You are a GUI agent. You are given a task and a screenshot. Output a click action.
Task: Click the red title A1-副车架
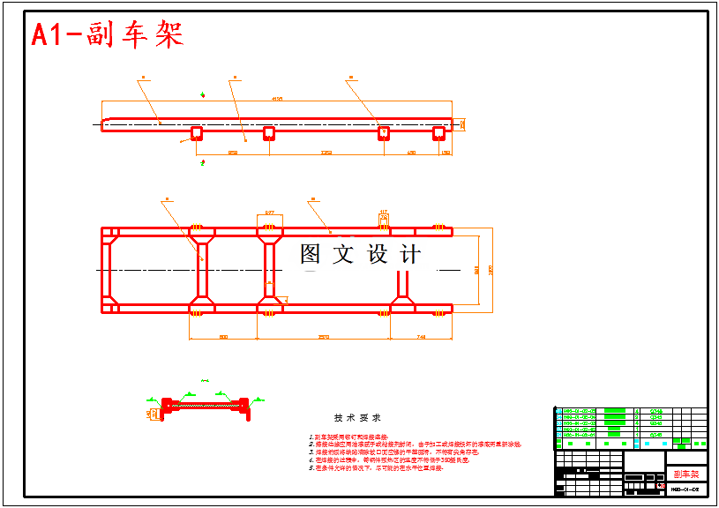click(x=107, y=35)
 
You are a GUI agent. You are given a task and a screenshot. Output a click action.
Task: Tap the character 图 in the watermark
click(x=311, y=255)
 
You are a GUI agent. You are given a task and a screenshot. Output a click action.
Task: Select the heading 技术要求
click(x=356, y=417)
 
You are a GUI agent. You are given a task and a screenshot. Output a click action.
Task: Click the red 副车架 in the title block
click(x=685, y=474)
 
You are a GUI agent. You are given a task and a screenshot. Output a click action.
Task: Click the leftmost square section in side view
click(x=196, y=133)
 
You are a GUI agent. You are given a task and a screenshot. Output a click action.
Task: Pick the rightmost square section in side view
click(x=438, y=133)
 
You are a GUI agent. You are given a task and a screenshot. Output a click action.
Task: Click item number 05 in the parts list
click(x=558, y=411)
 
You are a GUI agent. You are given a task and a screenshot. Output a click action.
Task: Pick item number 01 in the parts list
click(x=558, y=436)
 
